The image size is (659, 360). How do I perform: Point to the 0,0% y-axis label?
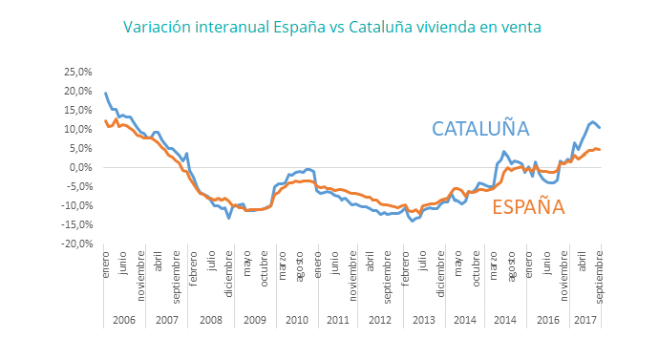80,167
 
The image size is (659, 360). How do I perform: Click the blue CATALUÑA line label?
480,129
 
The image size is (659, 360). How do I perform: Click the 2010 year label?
297,320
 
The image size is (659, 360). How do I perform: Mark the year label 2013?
425,320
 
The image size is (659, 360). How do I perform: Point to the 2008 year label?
211,320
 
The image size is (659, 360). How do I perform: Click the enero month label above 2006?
106,268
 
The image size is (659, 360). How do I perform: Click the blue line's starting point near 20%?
105,93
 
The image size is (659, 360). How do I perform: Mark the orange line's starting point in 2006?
105,120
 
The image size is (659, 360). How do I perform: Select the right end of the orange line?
600,149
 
